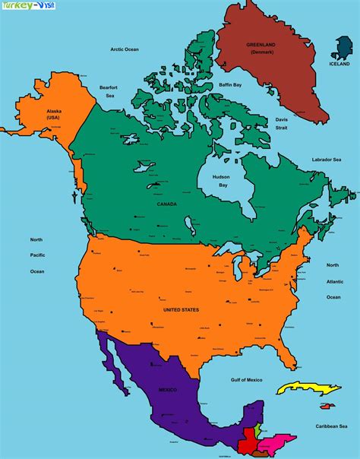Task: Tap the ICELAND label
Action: coord(340,65)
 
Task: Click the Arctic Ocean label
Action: coord(126,49)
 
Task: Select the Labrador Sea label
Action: coord(327,160)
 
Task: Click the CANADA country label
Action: coord(166,204)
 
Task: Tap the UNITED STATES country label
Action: coord(181,310)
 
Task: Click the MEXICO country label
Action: coord(168,390)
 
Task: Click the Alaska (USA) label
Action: coord(53,115)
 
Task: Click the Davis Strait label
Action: coord(281,124)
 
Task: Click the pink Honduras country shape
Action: coord(276,440)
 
